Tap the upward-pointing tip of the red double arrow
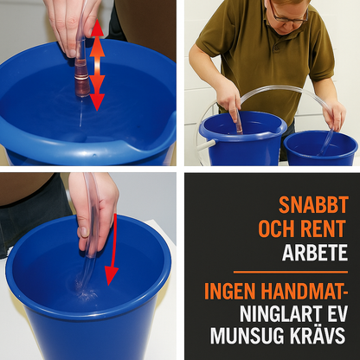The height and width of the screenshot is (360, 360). (97, 26)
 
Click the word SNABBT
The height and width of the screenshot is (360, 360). (313, 205)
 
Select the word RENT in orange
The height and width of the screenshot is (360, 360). (327, 229)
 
